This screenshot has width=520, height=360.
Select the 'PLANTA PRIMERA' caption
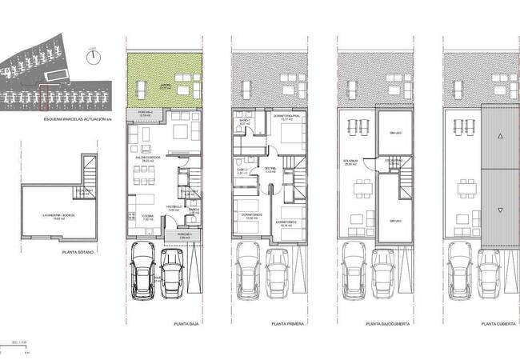coord(290,324)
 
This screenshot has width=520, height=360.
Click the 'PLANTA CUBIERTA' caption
coord(497,324)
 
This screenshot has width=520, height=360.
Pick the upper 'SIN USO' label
coord(394,133)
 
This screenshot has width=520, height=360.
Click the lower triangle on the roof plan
coord(499,210)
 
